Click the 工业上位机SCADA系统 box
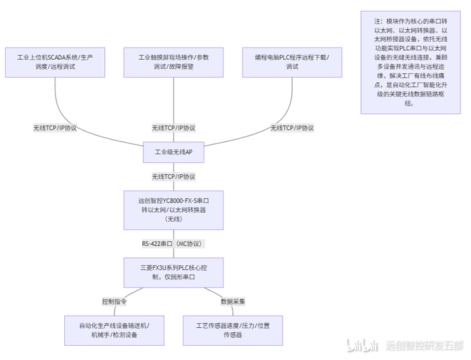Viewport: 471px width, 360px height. point(55,62)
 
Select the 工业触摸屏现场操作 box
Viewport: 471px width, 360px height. point(174,62)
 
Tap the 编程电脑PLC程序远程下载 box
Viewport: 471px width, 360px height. point(292,62)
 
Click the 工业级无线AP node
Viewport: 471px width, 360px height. point(174,152)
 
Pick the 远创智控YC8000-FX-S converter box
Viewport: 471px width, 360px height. point(174,210)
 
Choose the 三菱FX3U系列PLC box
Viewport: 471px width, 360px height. point(174,273)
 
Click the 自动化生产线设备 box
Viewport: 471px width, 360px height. point(115,330)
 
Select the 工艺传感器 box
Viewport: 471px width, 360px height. point(233,330)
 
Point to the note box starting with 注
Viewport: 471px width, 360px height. point(411,62)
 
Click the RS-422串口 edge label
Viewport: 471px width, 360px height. point(174,244)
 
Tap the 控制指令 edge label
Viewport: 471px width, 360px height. point(114,301)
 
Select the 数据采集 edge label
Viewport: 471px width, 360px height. point(233,301)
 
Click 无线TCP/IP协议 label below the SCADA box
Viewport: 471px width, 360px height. point(55,128)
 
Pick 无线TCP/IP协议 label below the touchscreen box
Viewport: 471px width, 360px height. point(174,128)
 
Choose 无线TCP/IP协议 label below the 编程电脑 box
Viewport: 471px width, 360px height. point(292,128)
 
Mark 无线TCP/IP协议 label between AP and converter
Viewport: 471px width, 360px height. point(174,177)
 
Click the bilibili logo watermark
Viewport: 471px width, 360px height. point(362,345)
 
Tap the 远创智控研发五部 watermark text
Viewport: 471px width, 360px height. point(425,346)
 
